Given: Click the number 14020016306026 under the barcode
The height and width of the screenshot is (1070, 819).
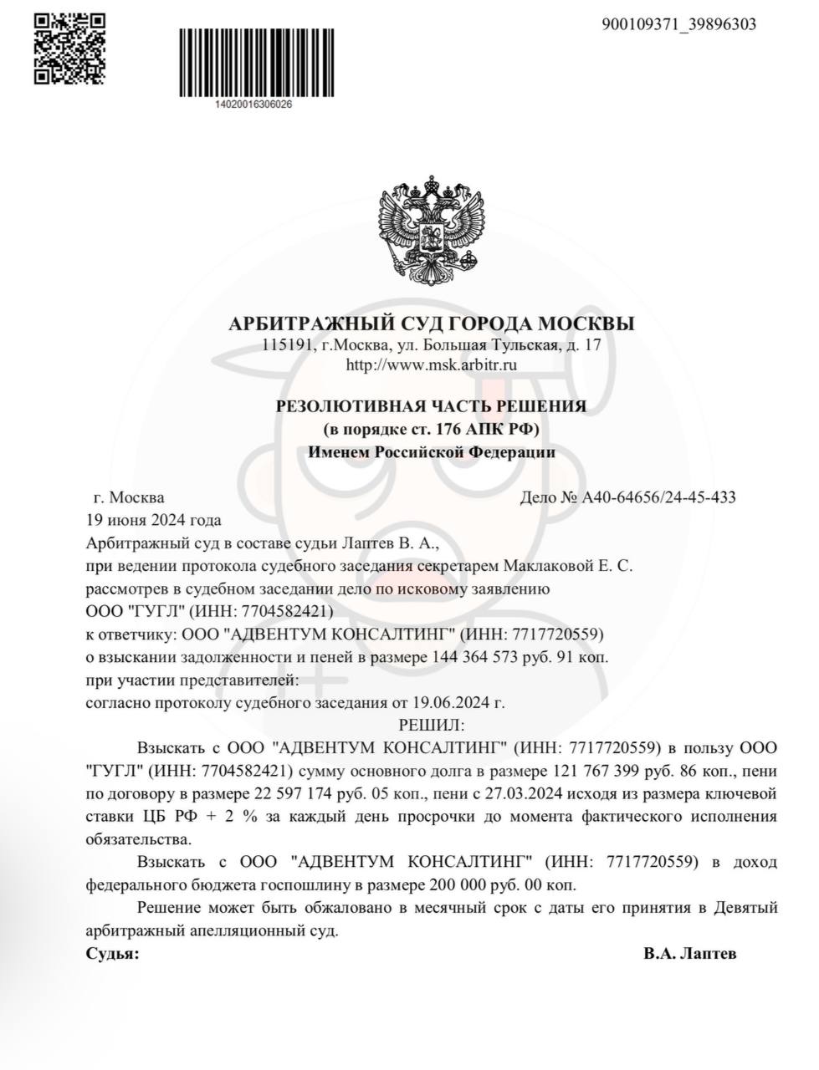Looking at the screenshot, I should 253,104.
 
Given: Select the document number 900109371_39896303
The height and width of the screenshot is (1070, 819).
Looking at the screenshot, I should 678,24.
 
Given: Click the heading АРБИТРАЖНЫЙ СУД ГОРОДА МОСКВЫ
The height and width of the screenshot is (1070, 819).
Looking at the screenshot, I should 431,324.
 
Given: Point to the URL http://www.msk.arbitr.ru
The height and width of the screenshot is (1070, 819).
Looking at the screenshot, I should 431,364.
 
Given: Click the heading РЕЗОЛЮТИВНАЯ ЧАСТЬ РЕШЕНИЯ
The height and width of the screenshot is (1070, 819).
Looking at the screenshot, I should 431,406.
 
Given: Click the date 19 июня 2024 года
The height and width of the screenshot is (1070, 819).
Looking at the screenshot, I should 154,520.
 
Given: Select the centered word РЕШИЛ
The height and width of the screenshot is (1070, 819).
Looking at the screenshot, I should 431,723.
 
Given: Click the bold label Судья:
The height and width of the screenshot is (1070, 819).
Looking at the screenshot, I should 113,953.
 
